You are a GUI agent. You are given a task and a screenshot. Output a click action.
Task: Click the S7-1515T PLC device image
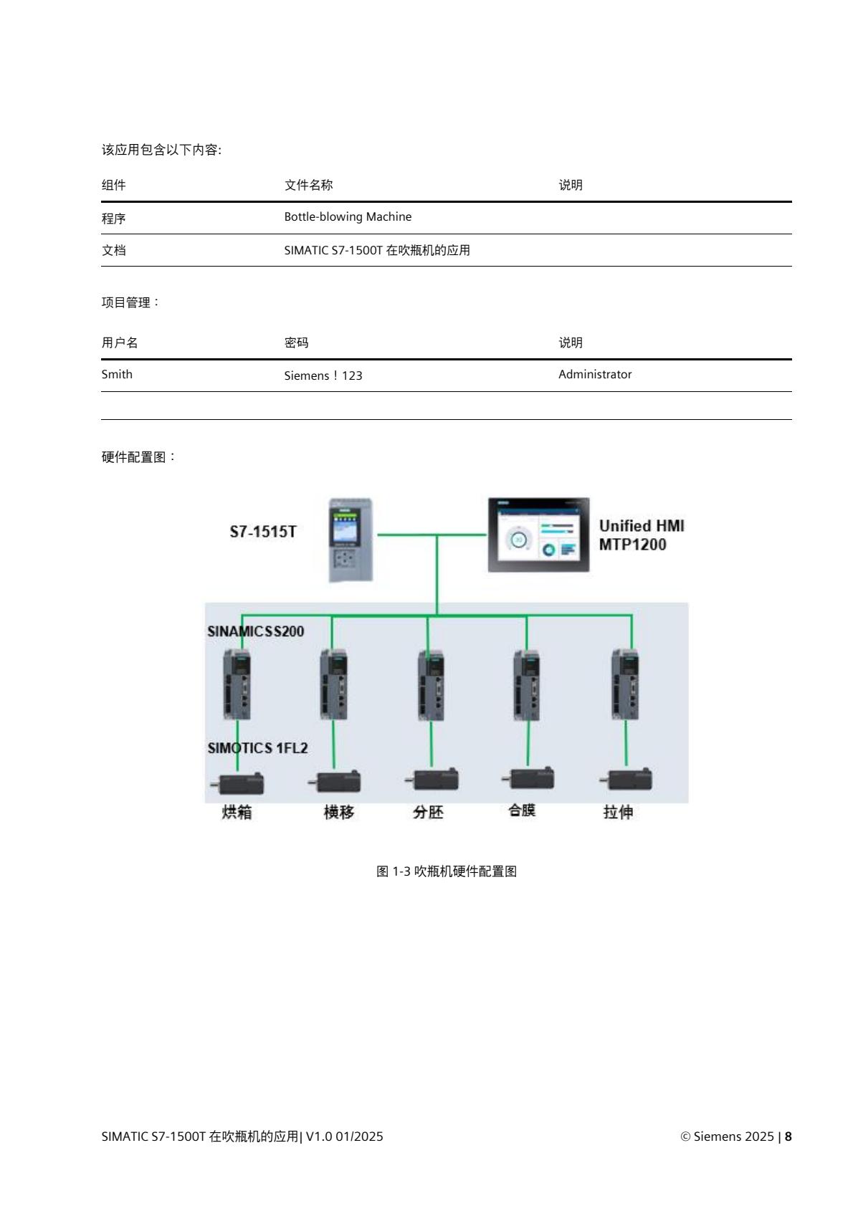[x=351, y=539]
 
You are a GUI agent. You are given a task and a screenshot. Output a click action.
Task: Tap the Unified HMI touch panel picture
[x=538, y=535]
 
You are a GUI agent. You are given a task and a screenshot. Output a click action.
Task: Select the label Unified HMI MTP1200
[x=641, y=535]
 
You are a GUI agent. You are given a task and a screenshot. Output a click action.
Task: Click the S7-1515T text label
[x=263, y=532]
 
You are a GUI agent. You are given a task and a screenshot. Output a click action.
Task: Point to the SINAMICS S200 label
[x=256, y=631]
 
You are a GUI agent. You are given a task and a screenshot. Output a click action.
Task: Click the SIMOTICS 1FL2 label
[x=258, y=748]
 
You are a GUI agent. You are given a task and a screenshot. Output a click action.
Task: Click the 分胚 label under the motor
[x=428, y=812]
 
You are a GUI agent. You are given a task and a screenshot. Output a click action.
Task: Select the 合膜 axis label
[x=522, y=810]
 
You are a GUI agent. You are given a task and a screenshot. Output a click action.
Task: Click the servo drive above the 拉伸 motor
[x=625, y=684]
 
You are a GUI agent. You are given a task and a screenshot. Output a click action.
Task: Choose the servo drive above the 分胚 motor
[x=432, y=684]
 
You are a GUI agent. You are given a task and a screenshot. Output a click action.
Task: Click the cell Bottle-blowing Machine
[x=348, y=216]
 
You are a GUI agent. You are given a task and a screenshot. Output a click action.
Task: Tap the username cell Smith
[x=117, y=374]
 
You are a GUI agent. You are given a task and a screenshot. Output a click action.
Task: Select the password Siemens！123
[x=323, y=375]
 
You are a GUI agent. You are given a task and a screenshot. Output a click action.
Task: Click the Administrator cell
[x=595, y=374]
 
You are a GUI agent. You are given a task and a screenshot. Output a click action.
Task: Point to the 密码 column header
[x=296, y=343]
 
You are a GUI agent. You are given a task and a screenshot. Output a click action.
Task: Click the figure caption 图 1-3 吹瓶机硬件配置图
[x=447, y=871]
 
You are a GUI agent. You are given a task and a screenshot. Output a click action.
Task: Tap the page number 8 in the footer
[x=788, y=1136]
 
